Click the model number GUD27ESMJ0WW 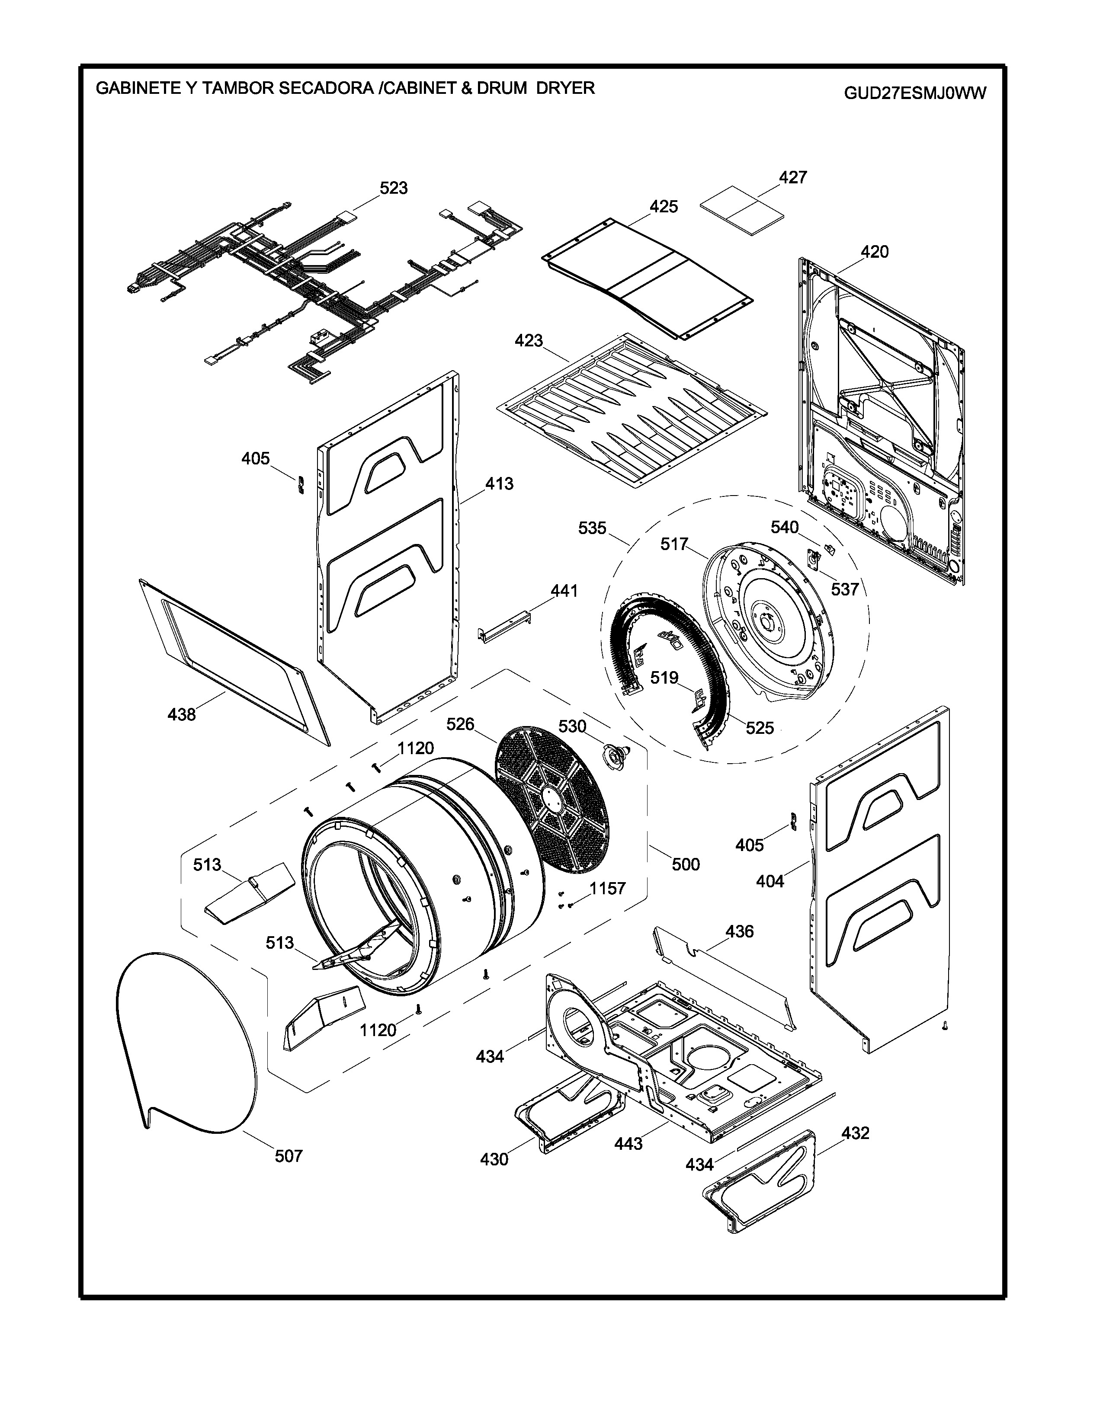(915, 93)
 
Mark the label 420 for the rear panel (874, 252)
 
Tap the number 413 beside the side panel (499, 484)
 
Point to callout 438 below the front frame (182, 715)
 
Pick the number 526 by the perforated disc (460, 724)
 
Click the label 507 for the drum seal (288, 1156)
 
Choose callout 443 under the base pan (628, 1143)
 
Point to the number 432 (855, 1133)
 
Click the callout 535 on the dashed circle (592, 528)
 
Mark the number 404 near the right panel (770, 881)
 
